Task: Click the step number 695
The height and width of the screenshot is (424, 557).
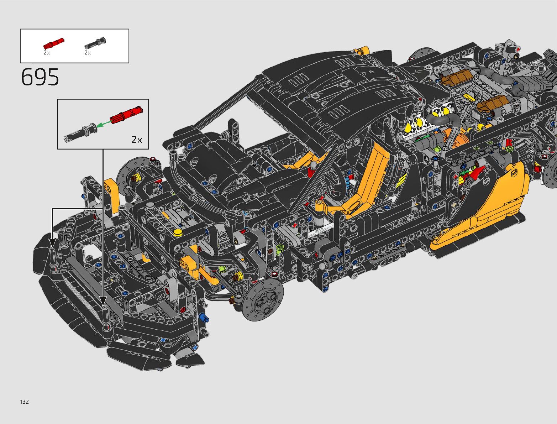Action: (x=40, y=77)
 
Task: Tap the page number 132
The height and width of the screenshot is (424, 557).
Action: (x=25, y=402)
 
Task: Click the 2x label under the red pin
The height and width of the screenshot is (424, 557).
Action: (x=47, y=53)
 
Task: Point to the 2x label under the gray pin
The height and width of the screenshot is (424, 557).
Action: (x=88, y=53)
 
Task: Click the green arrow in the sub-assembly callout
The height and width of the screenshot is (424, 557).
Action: (x=104, y=124)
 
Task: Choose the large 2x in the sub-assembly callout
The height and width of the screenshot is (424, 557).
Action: (x=137, y=140)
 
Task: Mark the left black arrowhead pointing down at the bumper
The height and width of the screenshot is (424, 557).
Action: (x=53, y=243)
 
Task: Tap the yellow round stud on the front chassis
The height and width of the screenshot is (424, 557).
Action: (x=178, y=233)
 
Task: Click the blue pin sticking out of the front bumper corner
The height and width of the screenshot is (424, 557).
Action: (x=202, y=318)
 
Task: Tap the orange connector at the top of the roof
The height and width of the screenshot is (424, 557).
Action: (x=363, y=50)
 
